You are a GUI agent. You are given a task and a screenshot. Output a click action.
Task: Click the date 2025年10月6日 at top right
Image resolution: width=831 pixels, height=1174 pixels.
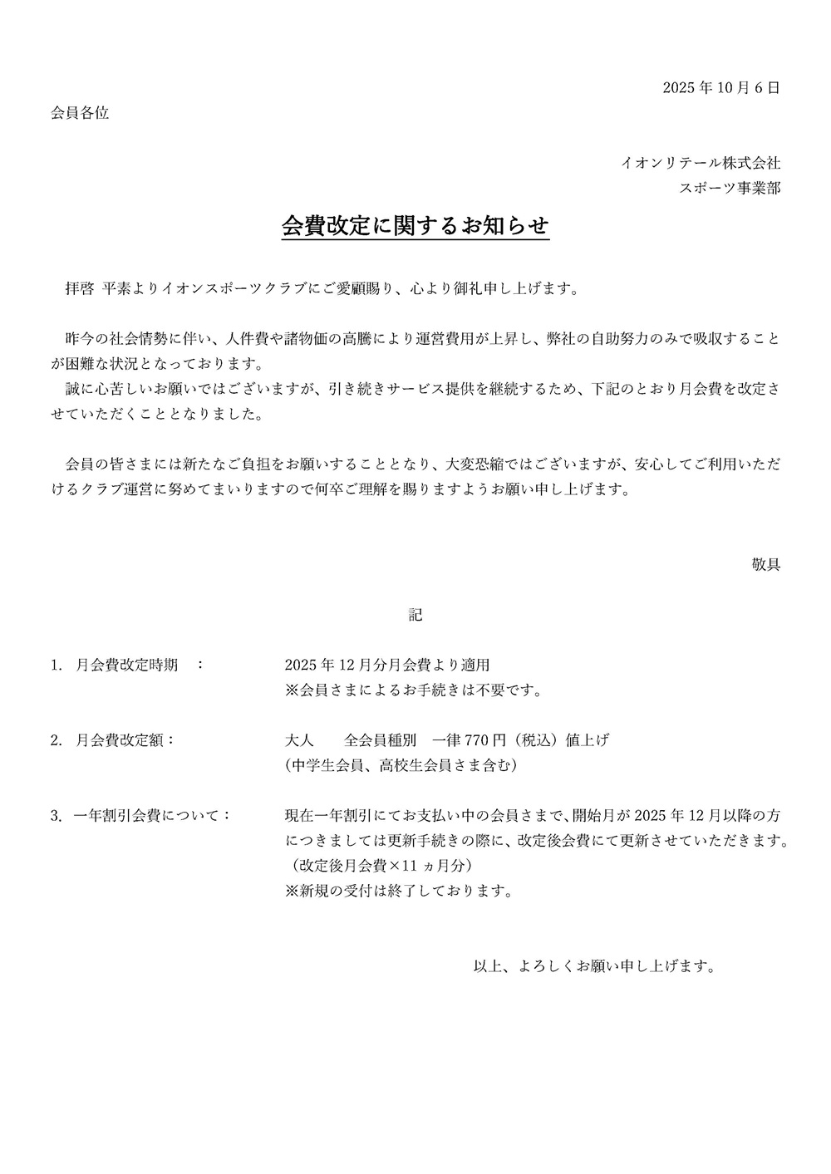click(721, 88)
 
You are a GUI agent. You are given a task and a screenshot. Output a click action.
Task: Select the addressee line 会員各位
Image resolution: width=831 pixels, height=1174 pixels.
click(80, 113)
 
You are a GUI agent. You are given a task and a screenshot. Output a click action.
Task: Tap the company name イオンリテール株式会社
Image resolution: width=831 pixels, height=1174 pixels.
click(701, 163)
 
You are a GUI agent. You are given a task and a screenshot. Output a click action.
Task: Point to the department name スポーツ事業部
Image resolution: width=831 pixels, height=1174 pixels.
click(730, 188)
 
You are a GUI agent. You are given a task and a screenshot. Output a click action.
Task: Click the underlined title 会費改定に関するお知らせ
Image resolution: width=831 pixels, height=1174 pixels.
click(415, 226)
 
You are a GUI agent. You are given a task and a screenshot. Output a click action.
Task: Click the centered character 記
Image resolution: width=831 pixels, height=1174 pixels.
click(415, 615)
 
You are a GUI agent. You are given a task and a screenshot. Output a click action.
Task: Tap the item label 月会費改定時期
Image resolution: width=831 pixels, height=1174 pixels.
click(126, 666)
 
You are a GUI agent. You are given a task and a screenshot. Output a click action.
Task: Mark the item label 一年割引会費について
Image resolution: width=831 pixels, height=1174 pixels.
click(150, 815)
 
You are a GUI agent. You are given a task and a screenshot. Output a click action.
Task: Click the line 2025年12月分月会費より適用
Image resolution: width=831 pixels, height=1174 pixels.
click(387, 666)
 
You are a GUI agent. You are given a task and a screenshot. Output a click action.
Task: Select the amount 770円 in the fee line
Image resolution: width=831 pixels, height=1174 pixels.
click(484, 739)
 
